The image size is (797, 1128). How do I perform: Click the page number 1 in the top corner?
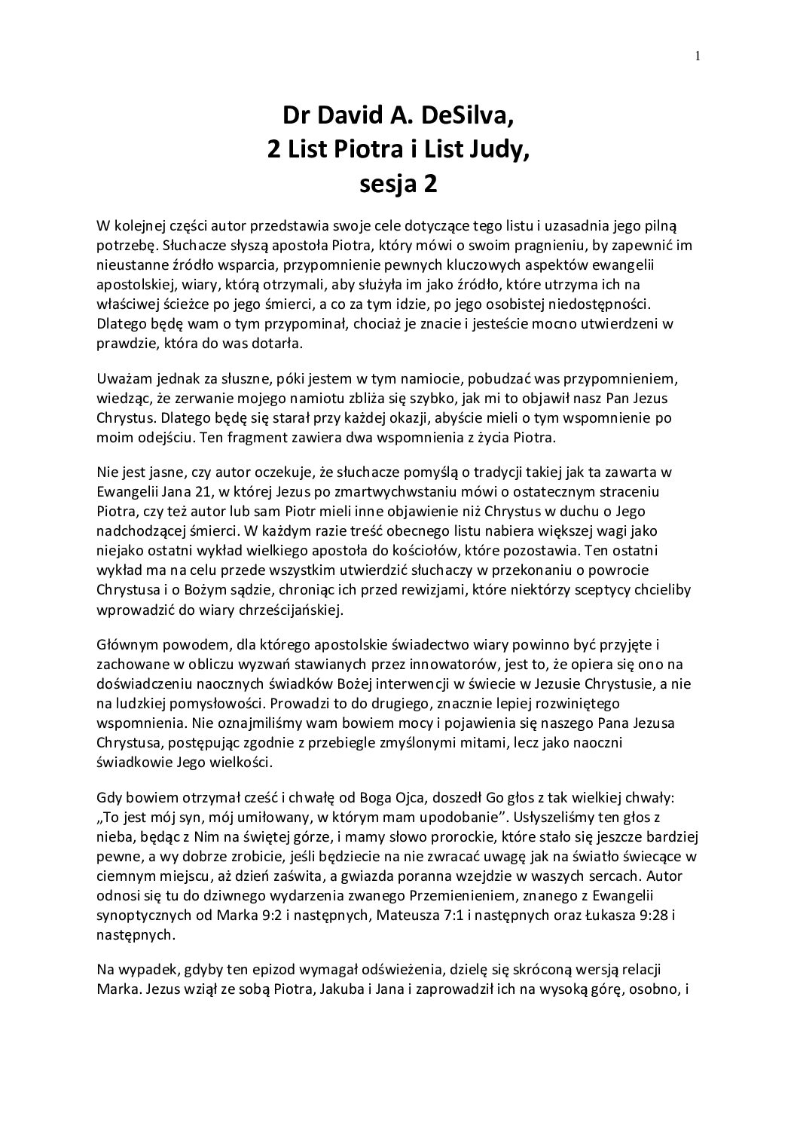click(698, 54)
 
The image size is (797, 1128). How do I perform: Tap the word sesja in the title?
click(387, 184)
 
